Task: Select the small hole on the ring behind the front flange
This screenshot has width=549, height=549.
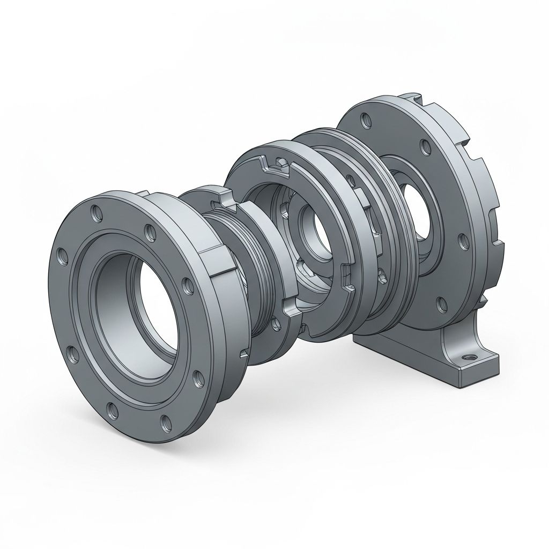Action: (274, 323)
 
